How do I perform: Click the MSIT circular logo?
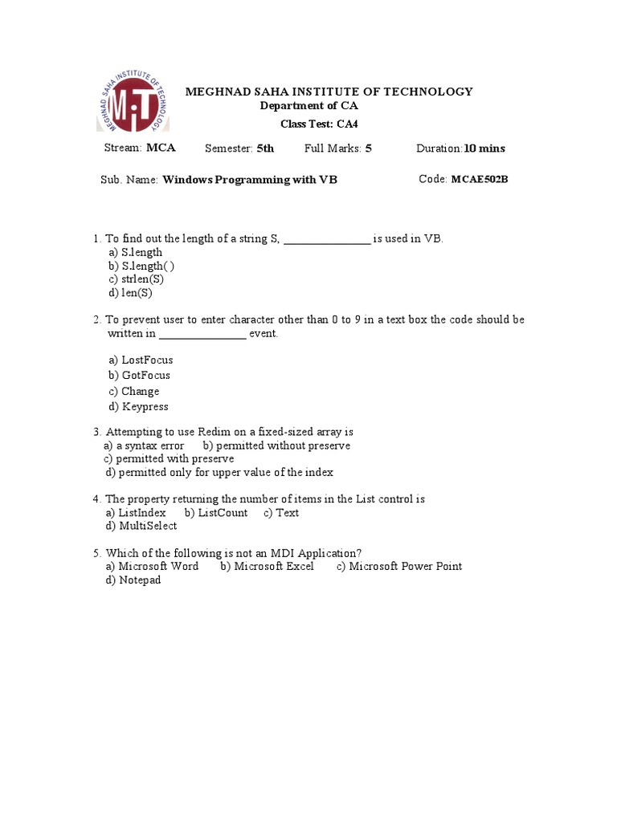tap(133, 106)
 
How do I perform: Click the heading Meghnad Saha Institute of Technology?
tap(329, 92)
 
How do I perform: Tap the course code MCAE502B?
tap(479, 179)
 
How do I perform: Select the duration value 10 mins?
tap(484, 149)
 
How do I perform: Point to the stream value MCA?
tap(161, 148)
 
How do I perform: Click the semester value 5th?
tap(265, 149)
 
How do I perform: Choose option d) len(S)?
tap(131, 293)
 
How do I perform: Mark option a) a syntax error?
tap(145, 446)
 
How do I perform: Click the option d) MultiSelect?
tap(141, 527)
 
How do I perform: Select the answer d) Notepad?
tap(133, 580)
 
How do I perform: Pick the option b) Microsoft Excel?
tap(268, 567)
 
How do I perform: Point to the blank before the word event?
tap(202, 334)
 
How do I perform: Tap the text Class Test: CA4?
tap(319, 124)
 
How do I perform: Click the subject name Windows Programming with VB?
tap(250, 180)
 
